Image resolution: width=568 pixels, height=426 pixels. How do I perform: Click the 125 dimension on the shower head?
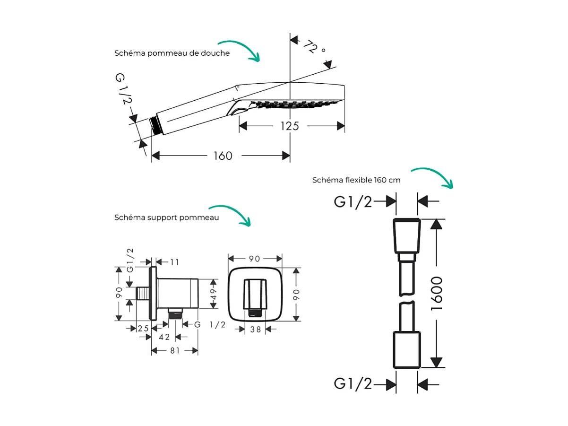point(290,126)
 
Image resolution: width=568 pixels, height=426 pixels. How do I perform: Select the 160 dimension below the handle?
point(222,156)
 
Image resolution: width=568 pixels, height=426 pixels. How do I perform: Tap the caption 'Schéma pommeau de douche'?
point(172,53)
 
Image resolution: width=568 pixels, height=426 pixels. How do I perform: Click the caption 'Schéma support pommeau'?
point(166,217)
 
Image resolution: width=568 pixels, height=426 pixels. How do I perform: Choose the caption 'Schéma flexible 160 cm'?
point(356,180)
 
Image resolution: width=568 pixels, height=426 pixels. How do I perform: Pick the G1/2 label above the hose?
point(353,202)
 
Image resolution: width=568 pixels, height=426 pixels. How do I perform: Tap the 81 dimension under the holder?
point(175,351)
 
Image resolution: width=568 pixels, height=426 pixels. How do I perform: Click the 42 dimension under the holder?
point(164,337)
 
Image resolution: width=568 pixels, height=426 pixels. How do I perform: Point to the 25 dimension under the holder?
point(143,328)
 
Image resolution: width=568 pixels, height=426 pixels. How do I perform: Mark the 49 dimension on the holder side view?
point(213,293)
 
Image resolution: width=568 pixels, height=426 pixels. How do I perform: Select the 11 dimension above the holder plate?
point(174,262)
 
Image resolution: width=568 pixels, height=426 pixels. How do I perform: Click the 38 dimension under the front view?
point(256,330)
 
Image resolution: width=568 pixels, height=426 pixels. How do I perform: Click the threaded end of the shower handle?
point(154,125)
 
